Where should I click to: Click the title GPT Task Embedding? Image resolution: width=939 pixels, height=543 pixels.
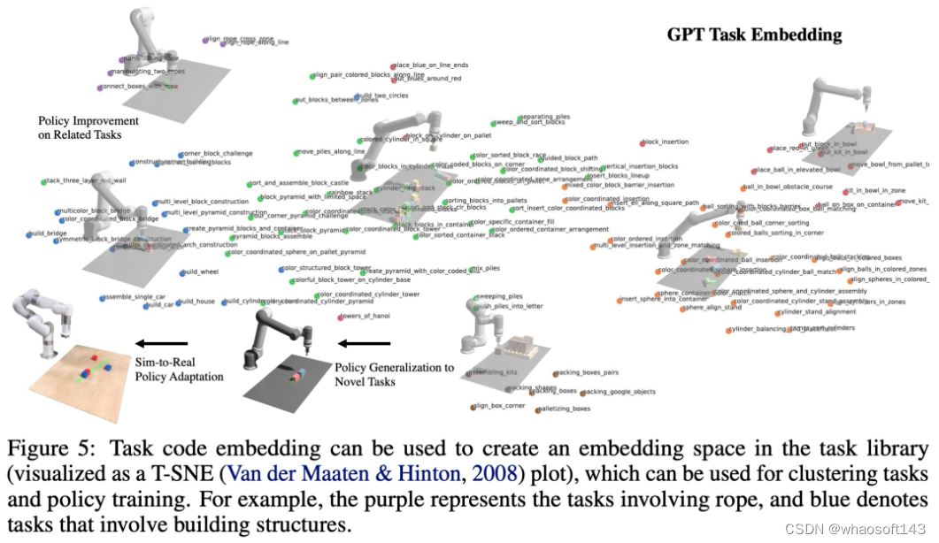tap(754, 36)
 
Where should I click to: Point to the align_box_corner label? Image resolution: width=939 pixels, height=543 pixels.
tap(500, 405)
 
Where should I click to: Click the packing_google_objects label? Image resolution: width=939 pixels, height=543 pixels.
tap(620, 391)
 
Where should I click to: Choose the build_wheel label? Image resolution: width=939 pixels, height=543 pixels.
tap(201, 271)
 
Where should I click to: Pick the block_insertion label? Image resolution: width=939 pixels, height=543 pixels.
tap(665, 141)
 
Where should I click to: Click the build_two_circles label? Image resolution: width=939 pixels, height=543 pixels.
tap(387, 96)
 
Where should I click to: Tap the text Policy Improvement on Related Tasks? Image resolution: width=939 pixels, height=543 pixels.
tap(89, 127)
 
